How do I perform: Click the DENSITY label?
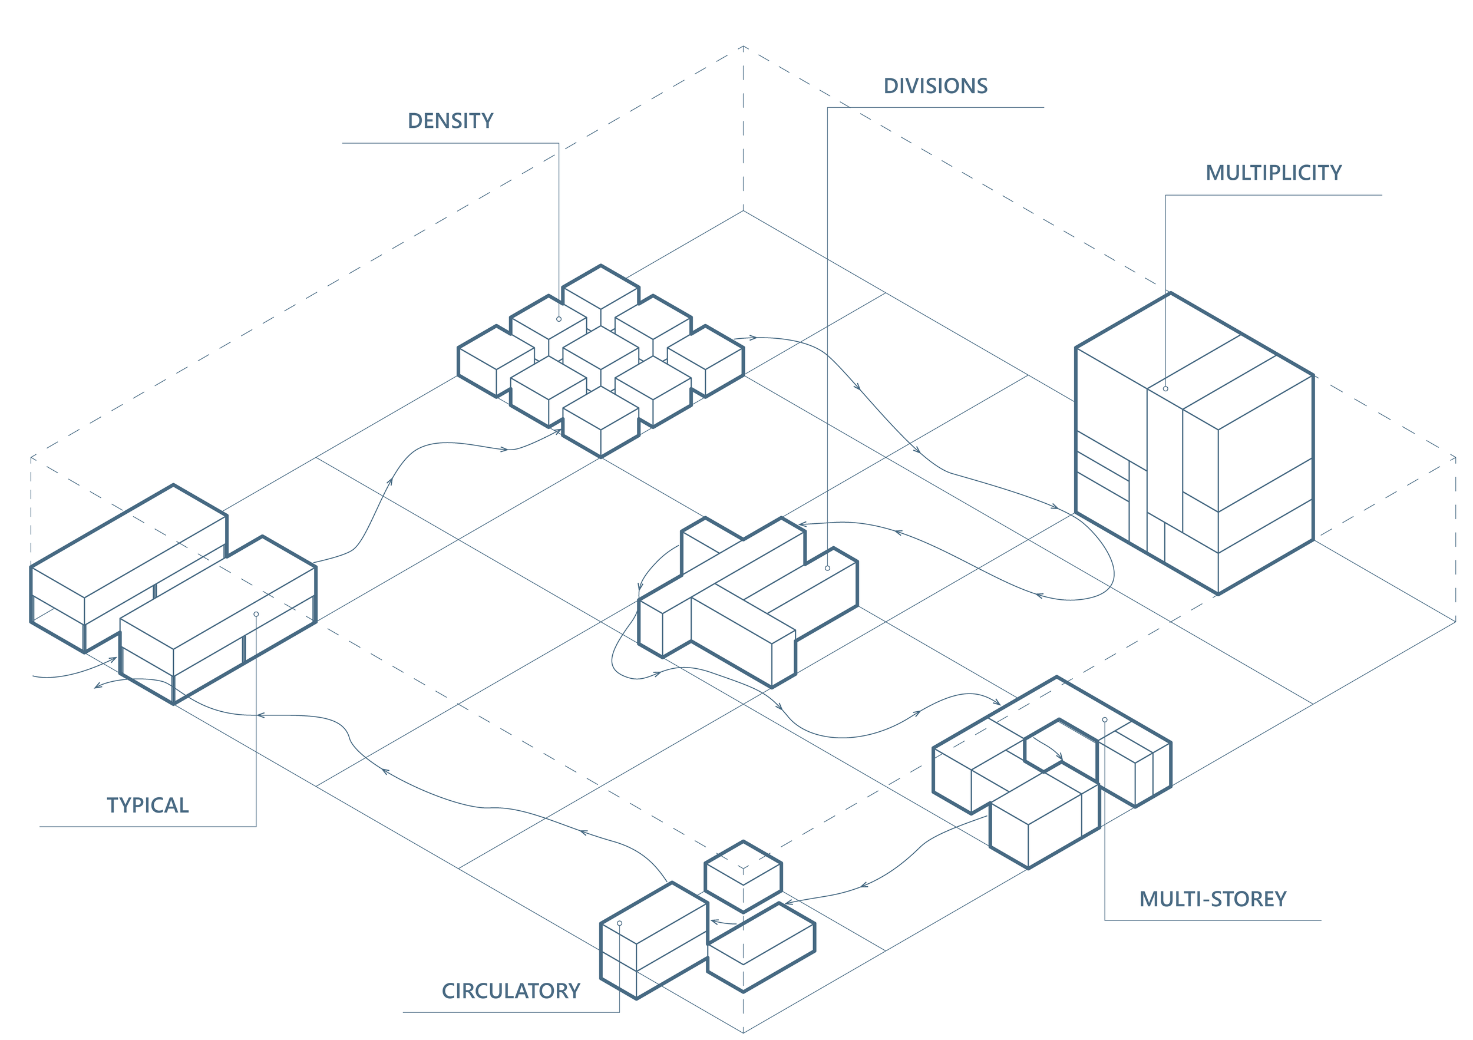(x=450, y=121)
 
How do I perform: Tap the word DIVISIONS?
(x=936, y=86)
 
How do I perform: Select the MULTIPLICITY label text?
(x=1273, y=173)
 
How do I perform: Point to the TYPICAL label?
(x=147, y=805)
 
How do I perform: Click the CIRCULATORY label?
(x=511, y=991)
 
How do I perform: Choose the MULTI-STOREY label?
(x=1213, y=899)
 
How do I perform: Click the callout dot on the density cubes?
(x=559, y=319)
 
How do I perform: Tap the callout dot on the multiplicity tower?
(x=1165, y=389)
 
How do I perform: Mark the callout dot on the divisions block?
(x=828, y=569)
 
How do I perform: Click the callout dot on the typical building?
(x=256, y=615)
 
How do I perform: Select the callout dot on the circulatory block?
(x=620, y=923)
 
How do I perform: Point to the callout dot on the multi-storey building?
(x=1105, y=720)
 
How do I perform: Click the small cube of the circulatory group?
(x=744, y=876)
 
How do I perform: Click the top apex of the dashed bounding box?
(x=744, y=46)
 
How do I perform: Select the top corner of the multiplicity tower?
(x=1171, y=293)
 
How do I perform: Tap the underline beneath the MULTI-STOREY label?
(x=1213, y=920)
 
